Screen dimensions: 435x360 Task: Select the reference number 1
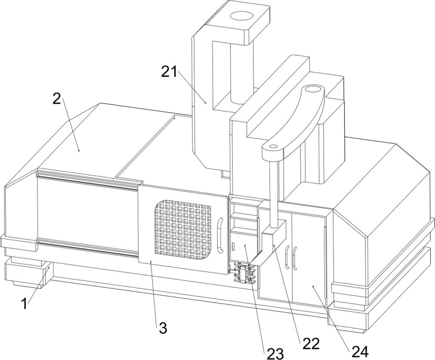[x=24, y=304]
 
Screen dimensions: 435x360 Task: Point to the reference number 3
[x=163, y=328]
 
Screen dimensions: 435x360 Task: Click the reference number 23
[x=275, y=353]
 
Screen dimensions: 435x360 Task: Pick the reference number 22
[x=311, y=344]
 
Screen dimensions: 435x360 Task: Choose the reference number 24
[x=360, y=352]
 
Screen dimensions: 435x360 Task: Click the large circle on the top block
[x=241, y=16]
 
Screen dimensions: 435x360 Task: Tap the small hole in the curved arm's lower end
[x=274, y=146]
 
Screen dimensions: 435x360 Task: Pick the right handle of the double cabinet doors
[x=295, y=258]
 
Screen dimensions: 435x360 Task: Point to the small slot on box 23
[x=233, y=246]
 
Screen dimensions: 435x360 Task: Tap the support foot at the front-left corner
[x=27, y=272]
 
